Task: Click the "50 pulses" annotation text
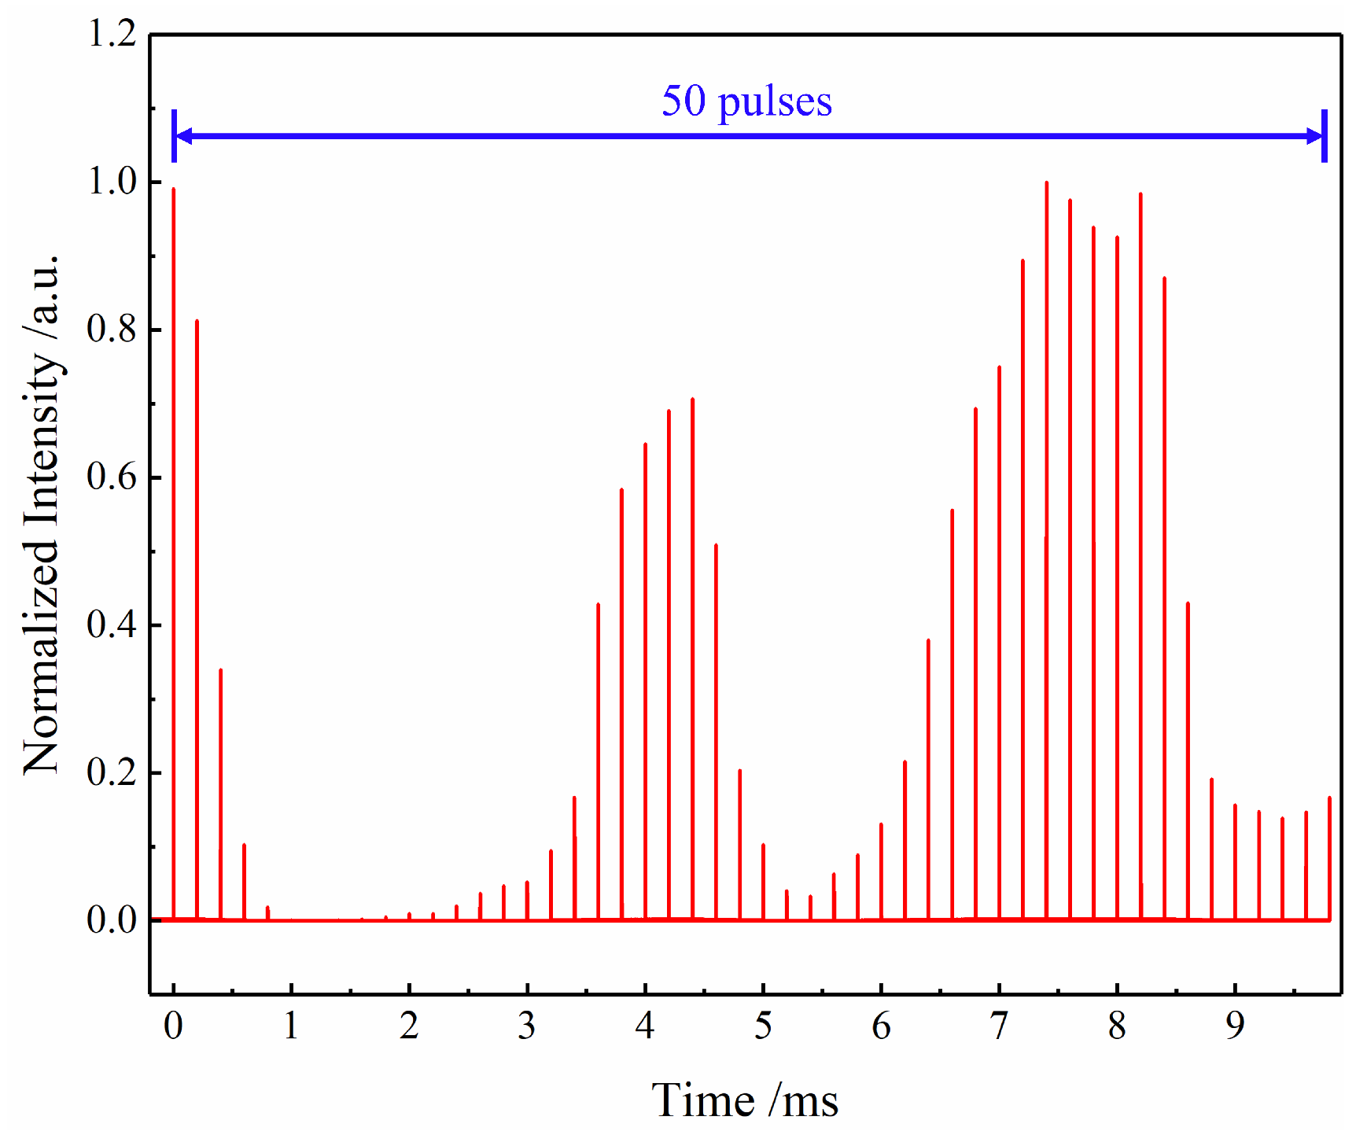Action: click(x=746, y=102)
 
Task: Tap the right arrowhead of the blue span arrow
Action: click(x=1315, y=136)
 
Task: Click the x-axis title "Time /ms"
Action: click(x=745, y=1100)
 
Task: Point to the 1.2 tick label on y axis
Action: click(x=112, y=34)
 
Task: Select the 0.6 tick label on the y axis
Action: click(x=112, y=477)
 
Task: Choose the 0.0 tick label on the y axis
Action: click(x=112, y=919)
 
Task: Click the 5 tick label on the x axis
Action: click(x=763, y=1026)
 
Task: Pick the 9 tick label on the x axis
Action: click(x=1235, y=1026)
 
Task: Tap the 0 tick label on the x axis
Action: click(x=173, y=1026)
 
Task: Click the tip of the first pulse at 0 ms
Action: click(x=173, y=190)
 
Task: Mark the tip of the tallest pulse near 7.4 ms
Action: click(x=1046, y=182)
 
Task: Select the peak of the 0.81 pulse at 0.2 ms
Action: click(x=197, y=321)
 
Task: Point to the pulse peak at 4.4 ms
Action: click(x=692, y=399)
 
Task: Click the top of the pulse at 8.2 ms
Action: click(x=1140, y=193)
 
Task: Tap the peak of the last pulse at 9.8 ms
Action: click(x=1329, y=798)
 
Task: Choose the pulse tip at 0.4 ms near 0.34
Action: click(x=220, y=670)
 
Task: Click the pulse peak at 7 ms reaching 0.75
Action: click(x=999, y=367)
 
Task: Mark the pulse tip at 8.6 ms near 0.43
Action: click(x=1188, y=603)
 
